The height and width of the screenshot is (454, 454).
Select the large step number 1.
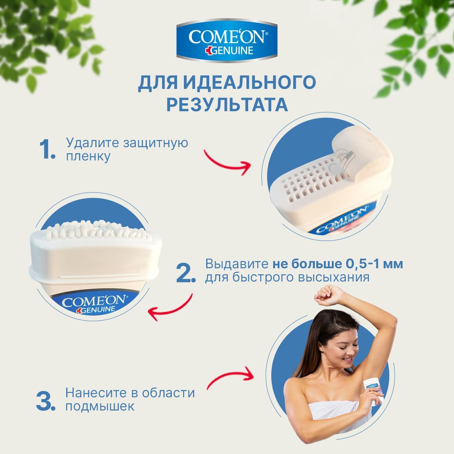coord(47,149)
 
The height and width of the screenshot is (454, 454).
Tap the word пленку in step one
coord(88,156)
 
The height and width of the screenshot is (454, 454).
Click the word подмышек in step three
coord(100,406)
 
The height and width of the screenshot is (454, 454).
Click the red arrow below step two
coord(170,307)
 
